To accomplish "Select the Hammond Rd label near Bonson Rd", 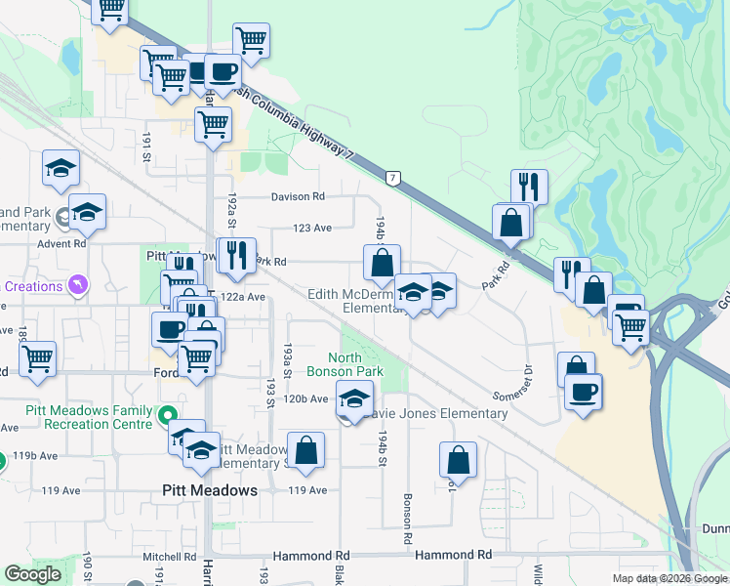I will [453, 555].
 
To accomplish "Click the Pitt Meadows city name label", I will [209, 490].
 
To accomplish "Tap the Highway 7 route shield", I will [392, 178].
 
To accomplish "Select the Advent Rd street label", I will [61, 243].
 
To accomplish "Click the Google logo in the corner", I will [32, 574].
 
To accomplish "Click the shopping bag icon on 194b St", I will [382, 262].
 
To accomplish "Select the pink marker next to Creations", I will [78, 285].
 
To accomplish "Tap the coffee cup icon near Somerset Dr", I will [584, 392].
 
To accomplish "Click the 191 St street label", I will [146, 147].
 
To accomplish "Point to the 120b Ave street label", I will [306, 398].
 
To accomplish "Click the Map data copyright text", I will [670, 578].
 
